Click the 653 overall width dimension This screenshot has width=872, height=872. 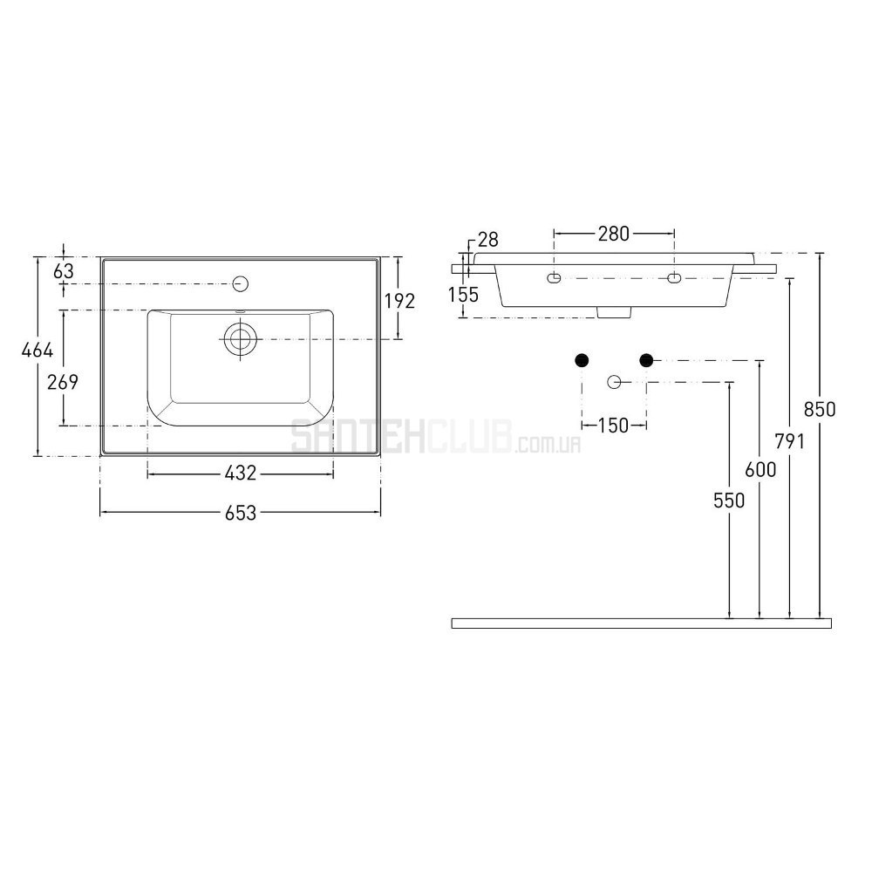click(x=241, y=513)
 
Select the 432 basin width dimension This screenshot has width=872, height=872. click(x=241, y=473)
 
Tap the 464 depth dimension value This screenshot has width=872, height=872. click(x=37, y=351)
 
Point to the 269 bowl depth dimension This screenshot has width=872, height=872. click(x=63, y=383)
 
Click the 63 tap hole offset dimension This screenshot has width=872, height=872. click(x=64, y=271)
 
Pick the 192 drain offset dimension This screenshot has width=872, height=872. click(x=400, y=301)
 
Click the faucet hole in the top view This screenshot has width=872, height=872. click(x=241, y=283)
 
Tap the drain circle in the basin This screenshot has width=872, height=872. click(x=241, y=339)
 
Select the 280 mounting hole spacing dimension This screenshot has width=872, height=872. click(x=613, y=234)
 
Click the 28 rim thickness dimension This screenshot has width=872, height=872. click(x=487, y=240)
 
